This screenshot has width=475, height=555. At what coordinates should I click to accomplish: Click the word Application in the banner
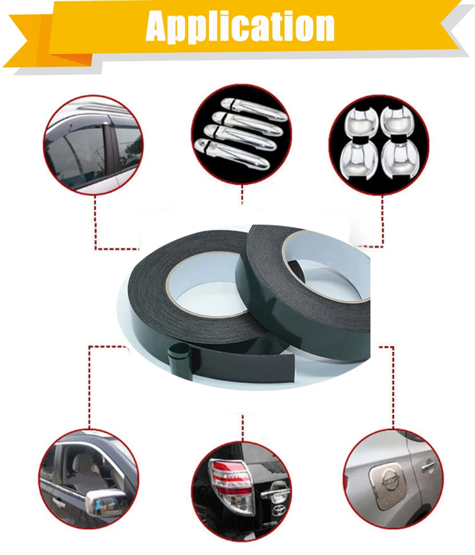tap(240, 27)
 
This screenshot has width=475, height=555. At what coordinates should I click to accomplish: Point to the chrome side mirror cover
tap(107, 503)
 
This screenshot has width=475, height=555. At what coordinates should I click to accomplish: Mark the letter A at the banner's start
tap(159, 27)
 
